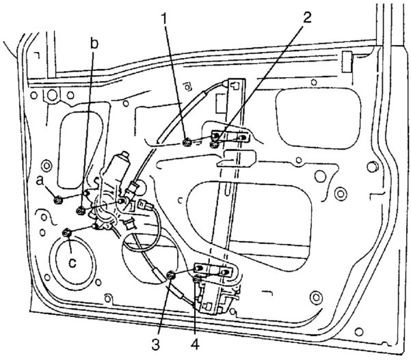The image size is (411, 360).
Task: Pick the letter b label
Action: (x=94, y=43)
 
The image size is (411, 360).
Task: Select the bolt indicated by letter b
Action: (x=81, y=210)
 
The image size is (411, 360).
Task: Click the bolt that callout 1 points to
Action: (x=188, y=142)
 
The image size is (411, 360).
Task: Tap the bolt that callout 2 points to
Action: (x=215, y=143)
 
